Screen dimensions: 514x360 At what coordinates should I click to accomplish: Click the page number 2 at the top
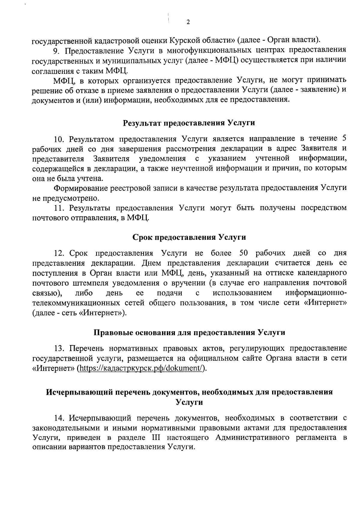click(x=188, y=22)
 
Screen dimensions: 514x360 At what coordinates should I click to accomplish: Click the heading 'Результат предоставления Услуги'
click(x=189, y=123)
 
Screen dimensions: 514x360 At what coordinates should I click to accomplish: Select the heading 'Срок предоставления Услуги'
click(x=189, y=237)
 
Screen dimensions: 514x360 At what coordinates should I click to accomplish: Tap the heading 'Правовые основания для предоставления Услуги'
click(x=189, y=332)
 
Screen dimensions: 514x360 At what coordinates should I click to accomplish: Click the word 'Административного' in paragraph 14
click(x=252, y=437)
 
